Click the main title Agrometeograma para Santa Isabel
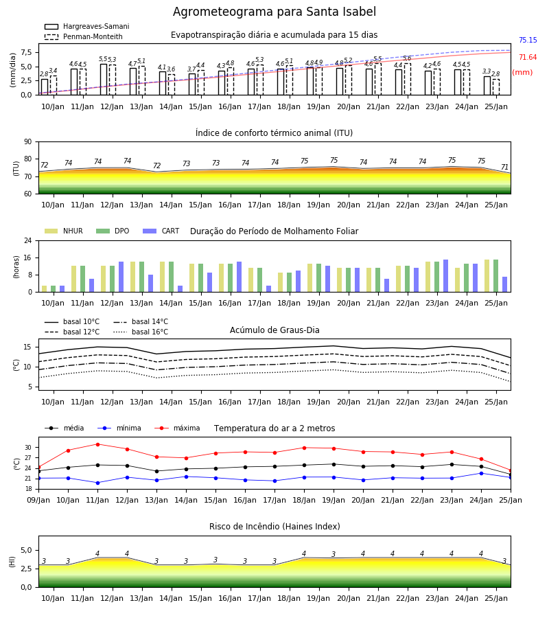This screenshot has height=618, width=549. (x=274, y=12)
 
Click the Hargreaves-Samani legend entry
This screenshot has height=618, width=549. (x=87, y=26)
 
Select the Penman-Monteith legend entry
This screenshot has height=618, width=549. (x=84, y=36)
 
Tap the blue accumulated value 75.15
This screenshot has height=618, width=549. (x=528, y=41)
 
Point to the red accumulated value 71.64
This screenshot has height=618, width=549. (x=528, y=58)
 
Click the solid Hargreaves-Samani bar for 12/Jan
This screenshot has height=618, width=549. (x=104, y=79)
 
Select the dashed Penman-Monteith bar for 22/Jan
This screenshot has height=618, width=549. (x=408, y=79)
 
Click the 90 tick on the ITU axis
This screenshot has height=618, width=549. (x=28, y=142)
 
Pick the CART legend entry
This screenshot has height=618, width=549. (x=161, y=231)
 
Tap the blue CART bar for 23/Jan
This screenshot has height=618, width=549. (x=446, y=276)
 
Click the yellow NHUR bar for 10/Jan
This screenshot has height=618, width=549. (x=45, y=289)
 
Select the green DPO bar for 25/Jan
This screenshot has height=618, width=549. (x=496, y=276)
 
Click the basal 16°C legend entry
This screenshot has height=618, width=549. (x=141, y=332)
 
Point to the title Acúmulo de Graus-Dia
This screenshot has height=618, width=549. (x=274, y=330)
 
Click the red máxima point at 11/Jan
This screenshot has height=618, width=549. (x=97, y=444)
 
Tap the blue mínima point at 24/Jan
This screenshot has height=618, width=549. (x=481, y=473)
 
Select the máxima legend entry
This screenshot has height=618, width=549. (x=178, y=428)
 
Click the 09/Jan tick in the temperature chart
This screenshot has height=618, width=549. (x=38, y=500)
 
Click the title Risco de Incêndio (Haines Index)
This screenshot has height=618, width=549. (x=274, y=527)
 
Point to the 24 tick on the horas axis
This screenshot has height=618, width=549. (x=28, y=240)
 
